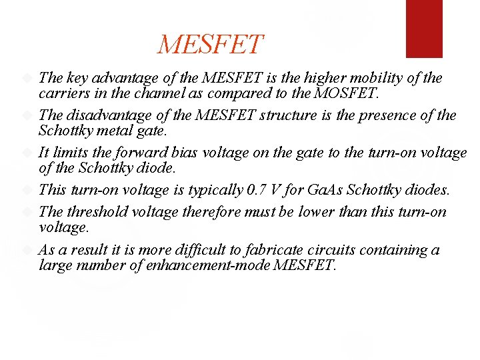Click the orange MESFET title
(211, 45)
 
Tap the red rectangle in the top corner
(424, 28)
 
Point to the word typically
(211, 190)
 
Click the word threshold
(97, 213)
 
